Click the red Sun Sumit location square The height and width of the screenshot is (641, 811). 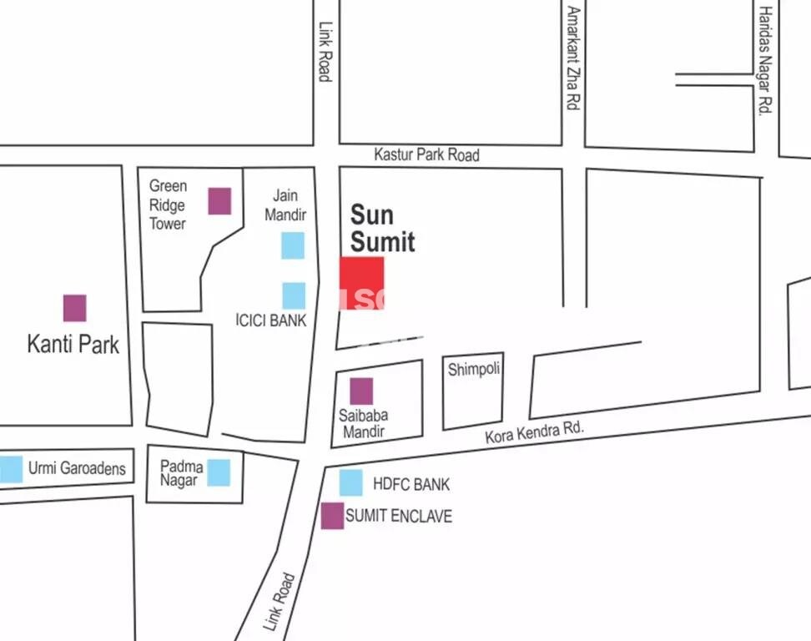click(x=361, y=284)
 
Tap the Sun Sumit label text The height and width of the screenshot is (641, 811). click(x=382, y=228)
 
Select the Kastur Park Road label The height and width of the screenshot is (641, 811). click(x=426, y=154)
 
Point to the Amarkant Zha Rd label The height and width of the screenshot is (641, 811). click(x=573, y=58)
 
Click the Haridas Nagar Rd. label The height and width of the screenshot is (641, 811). click(x=765, y=60)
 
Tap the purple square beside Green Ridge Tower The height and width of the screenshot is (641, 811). click(x=219, y=201)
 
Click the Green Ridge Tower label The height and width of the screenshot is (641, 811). click(x=168, y=204)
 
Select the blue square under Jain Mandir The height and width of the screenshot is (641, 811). click(x=293, y=245)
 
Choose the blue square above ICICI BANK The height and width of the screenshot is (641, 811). click(x=294, y=295)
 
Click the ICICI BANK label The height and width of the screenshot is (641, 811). click(x=270, y=320)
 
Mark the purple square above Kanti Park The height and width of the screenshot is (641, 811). click(x=75, y=308)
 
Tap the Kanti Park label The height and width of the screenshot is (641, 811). click(x=73, y=344)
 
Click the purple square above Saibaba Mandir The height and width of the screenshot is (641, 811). click(x=361, y=391)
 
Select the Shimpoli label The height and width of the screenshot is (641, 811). click(x=473, y=369)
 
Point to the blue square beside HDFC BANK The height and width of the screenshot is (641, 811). click(x=351, y=482)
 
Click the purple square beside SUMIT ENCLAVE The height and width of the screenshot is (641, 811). click(x=333, y=516)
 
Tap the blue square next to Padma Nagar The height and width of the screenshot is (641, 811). click(x=219, y=472)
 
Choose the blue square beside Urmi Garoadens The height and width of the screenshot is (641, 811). click(x=11, y=468)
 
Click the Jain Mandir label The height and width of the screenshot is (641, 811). click(x=285, y=205)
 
